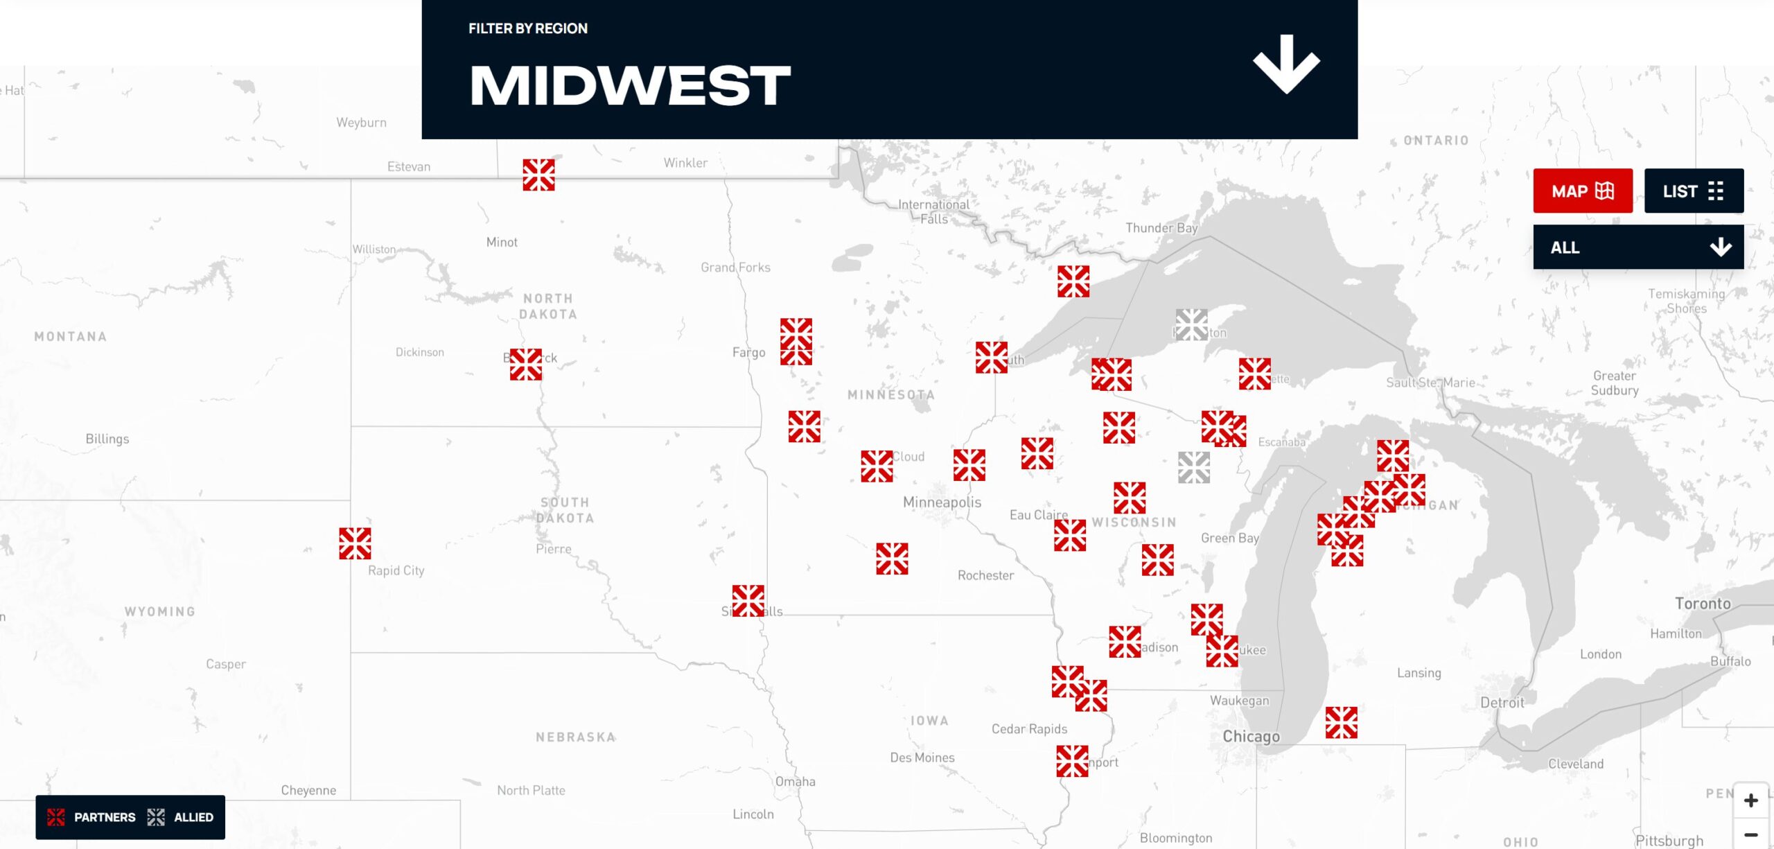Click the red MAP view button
pos(1582,191)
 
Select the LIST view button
pos(1693,191)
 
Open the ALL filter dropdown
pos(1637,247)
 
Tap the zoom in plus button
pos(1750,800)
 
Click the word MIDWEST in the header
pos(630,86)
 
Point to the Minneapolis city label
pos(942,502)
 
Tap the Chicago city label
pos(1251,736)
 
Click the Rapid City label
pos(396,570)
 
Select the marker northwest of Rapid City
pos(355,543)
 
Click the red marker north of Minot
pos(538,175)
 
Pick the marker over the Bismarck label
pos(526,365)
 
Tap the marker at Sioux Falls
pos(748,601)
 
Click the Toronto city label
pos(1703,604)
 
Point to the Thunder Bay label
pos(1161,228)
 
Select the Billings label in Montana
pos(107,439)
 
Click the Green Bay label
pos(1229,538)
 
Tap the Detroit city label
pos(1502,703)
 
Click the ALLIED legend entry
pos(181,817)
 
